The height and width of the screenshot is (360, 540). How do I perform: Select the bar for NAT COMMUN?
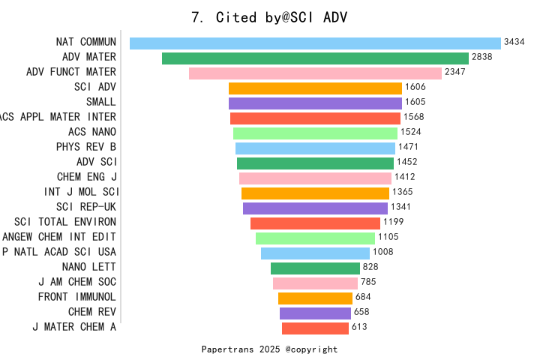tap(315, 43)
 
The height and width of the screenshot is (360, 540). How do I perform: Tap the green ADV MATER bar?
tap(315, 58)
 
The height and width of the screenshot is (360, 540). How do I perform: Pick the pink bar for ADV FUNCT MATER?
tap(315, 73)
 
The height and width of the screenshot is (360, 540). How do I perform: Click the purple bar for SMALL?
tap(315, 103)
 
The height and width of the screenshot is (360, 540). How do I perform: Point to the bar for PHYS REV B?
tap(315, 148)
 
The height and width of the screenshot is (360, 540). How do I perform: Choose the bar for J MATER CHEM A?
tap(315, 328)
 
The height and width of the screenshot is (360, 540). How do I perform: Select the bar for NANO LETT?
tap(315, 268)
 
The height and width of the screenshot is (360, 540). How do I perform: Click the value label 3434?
tap(514, 42)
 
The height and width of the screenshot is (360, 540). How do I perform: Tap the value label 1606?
tap(415, 87)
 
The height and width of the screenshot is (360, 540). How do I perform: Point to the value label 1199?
tap(393, 222)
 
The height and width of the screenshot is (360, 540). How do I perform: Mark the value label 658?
tap(361, 312)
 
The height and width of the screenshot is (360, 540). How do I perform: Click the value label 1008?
tap(383, 252)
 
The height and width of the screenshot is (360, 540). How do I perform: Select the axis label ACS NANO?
tap(92, 132)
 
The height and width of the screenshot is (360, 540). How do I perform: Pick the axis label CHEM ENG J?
tap(87, 177)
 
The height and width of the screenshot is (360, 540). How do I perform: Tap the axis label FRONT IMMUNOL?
tap(77, 297)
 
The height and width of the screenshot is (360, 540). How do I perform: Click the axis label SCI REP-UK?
tap(86, 207)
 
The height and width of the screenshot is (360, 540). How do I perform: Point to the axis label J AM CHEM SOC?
tap(77, 282)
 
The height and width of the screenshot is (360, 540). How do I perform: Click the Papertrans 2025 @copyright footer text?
tap(269, 349)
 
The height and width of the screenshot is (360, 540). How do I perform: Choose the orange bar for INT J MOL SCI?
tap(315, 193)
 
